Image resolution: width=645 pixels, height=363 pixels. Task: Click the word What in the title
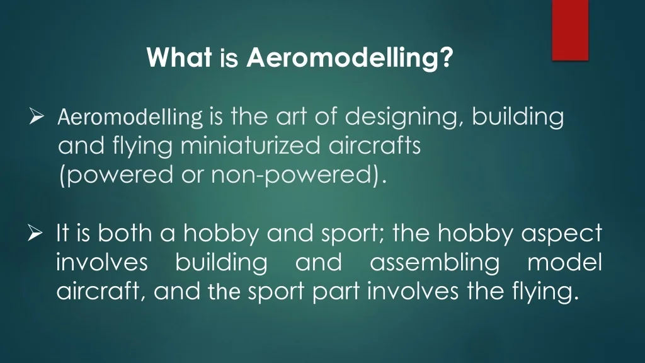point(179,59)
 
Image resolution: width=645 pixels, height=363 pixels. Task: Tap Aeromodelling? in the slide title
point(350,59)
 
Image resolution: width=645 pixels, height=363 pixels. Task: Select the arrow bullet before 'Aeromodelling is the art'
point(37,117)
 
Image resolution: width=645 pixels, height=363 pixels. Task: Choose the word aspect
point(562,235)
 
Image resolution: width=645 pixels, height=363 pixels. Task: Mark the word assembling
point(434,263)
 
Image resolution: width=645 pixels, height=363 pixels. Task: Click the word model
point(564,263)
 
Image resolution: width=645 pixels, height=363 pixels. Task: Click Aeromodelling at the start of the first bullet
point(130,117)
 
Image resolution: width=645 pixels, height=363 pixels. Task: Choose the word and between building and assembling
point(319,263)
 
